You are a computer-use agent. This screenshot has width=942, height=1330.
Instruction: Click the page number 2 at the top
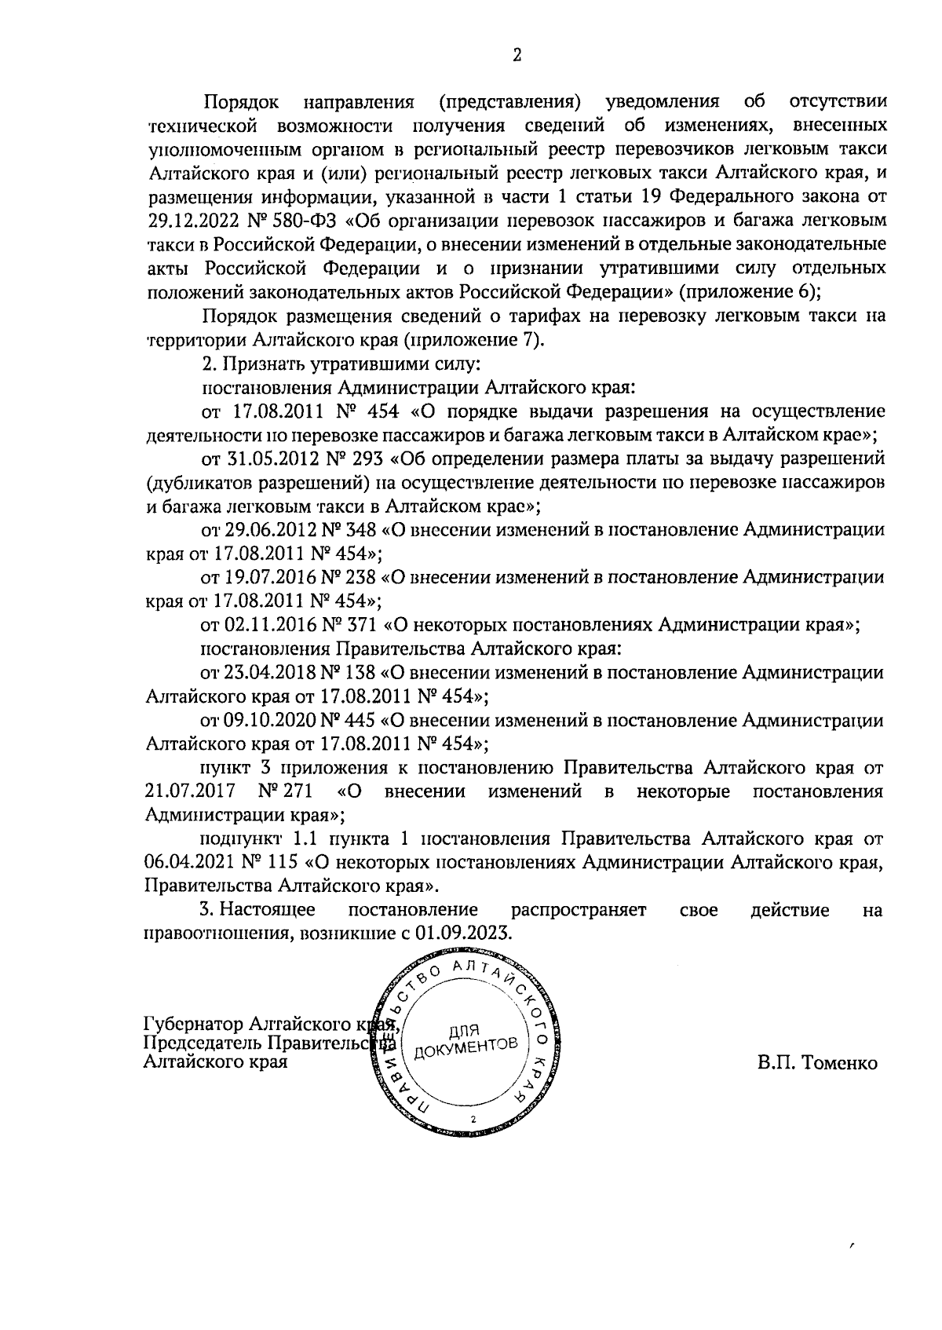pos(517,54)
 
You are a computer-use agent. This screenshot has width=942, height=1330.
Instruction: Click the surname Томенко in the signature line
pos(839,1063)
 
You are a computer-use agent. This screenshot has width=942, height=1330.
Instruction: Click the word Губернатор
pos(193,1025)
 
